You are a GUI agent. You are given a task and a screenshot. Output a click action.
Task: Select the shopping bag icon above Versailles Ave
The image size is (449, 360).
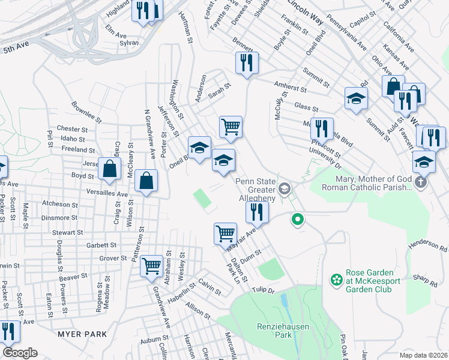pyautogui.click(x=146, y=180)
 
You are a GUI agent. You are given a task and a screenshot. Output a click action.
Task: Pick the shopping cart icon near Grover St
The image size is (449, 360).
pyautogui.click(x=151, y=265)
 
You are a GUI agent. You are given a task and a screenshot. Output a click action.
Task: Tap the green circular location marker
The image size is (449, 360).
pyautogui.click(x=297, y=220)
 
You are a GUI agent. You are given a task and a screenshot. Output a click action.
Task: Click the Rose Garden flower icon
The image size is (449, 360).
pyautogui.click(x=336, y=280)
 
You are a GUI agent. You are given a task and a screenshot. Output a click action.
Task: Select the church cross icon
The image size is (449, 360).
pyautogui.click(x=423, y=182)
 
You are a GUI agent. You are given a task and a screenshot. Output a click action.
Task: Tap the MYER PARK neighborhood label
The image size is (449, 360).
pyautogui.click(x=82, y=334)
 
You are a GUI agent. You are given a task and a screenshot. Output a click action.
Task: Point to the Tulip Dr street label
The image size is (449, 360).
pyautogui.click(x=262, y=290)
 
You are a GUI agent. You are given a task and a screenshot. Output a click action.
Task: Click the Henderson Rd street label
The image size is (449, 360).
pyautogui.click(x=429, y=245)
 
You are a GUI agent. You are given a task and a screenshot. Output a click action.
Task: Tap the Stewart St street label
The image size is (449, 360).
pyautogui.click(x=67, y=232)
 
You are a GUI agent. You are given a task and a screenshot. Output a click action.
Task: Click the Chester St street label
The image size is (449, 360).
pyautogui.click(x=72, y=129)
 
